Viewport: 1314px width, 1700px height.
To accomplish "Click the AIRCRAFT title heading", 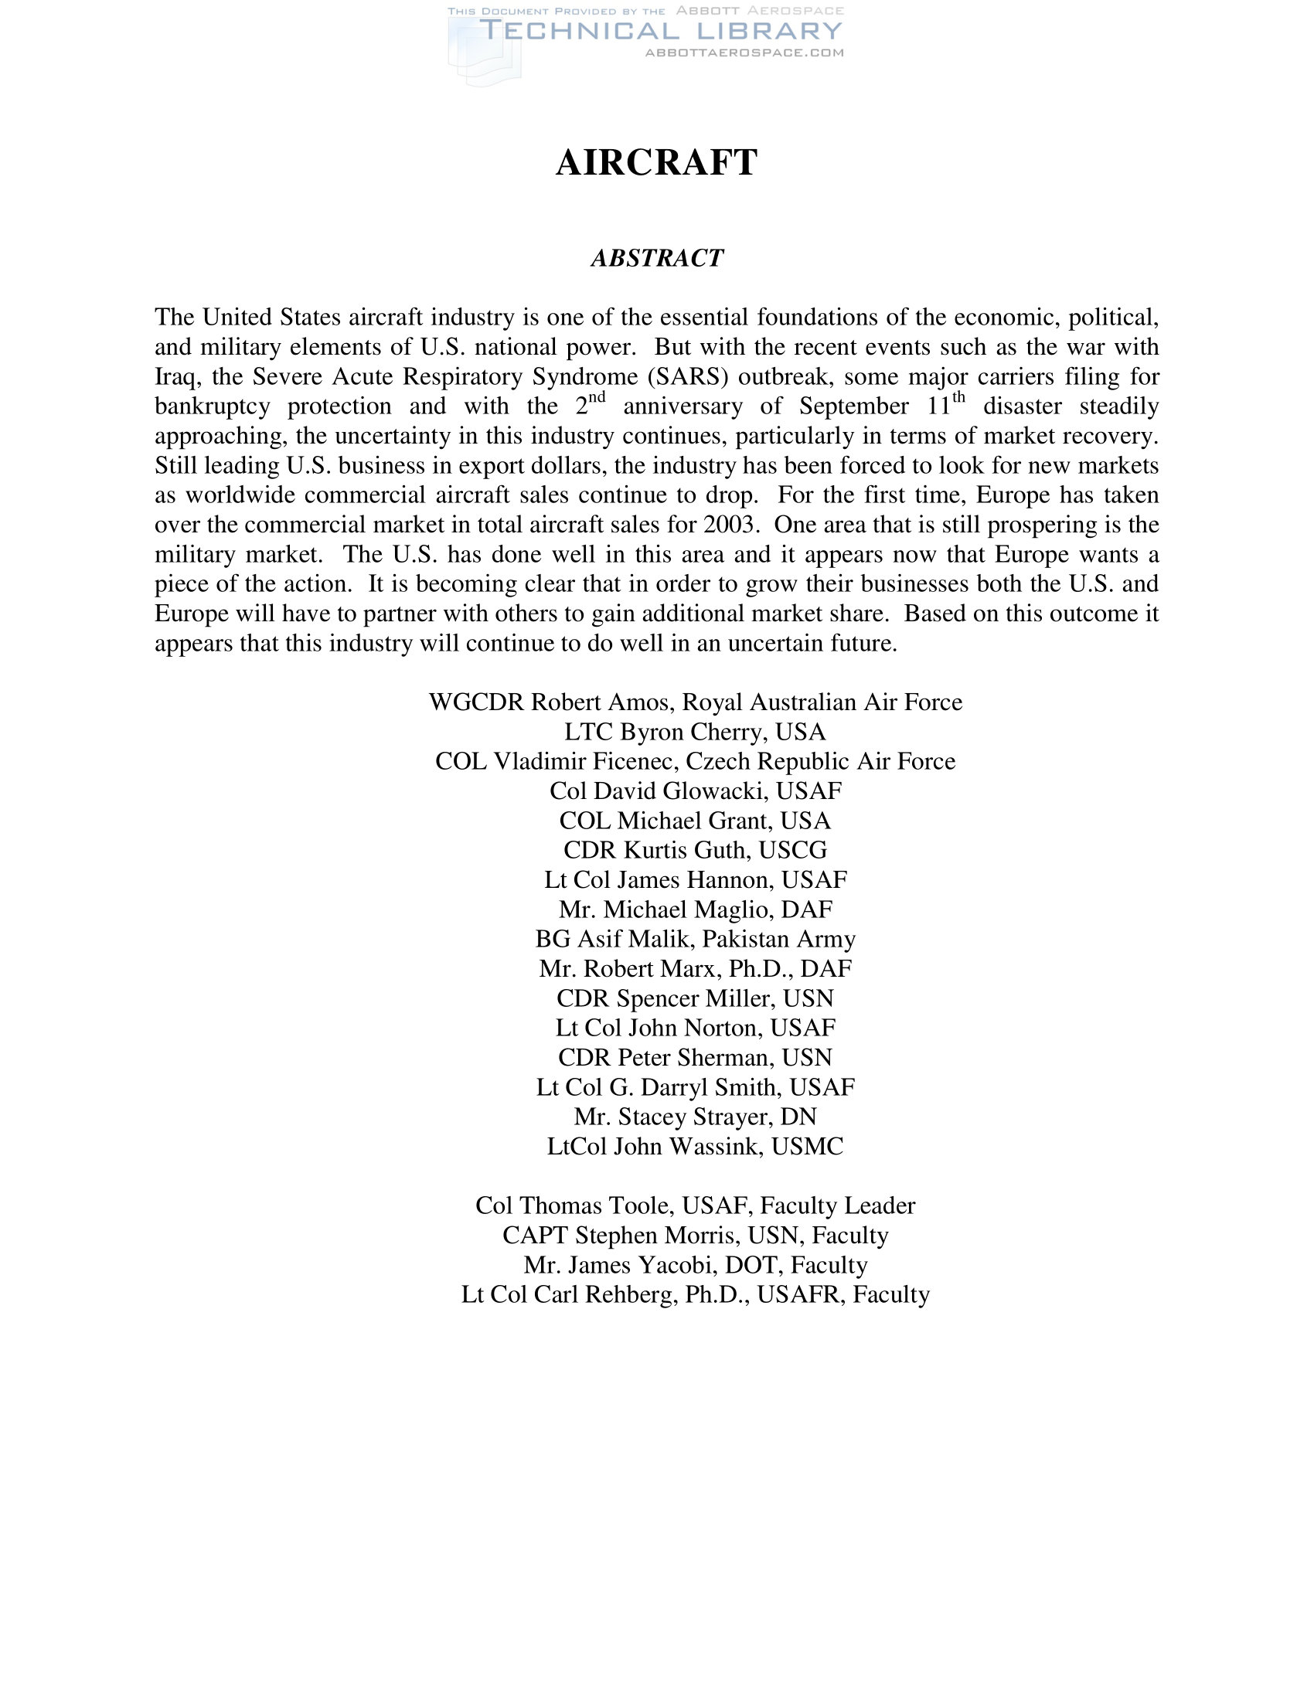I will click(656, 163).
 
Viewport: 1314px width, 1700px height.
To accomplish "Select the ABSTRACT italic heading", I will click(657, 258).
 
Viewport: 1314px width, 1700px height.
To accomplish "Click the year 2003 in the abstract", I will click(730, 525).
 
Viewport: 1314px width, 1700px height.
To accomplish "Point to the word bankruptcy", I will click(213, 406).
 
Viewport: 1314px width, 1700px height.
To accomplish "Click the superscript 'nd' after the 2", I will click(596, 397).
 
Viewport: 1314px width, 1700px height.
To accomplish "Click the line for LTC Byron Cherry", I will click(695, 732).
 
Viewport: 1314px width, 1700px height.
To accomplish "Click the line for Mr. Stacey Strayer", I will click(695, 1117).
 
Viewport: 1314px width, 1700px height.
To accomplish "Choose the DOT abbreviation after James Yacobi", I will click(751, 1264).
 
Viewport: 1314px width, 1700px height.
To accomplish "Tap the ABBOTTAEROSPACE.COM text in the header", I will click(744, 52).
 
